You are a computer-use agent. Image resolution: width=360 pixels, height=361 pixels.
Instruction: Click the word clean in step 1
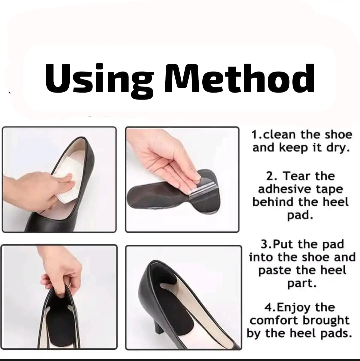point(280,135)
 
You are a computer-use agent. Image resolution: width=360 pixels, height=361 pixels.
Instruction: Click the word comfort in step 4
point(275,320)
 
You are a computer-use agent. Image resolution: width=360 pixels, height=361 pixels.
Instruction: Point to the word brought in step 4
point(326,320)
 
